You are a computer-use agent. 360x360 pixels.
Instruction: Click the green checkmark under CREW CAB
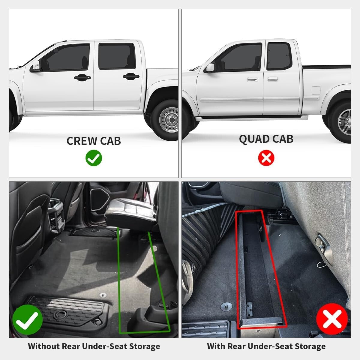pyautogui.click(x=94, y=158)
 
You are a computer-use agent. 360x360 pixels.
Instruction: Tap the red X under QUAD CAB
pyautogui.click(x=266, y=158)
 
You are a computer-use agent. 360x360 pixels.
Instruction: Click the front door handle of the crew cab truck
pyautogui.click(x=82, y=77)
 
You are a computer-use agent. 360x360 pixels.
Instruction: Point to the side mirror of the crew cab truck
pyautogui.click(x=35, y=66)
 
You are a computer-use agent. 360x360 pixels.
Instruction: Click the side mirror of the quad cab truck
pyautogui.click(x=210, y=67)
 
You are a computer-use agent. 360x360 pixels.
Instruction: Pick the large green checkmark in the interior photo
pyautogui.click(x=27, y=319)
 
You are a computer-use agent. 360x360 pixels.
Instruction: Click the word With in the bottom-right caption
pyautogui.click(x=216, y=346)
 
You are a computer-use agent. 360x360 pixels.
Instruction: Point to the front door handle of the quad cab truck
pyautogui.click(x=252, y=79)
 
